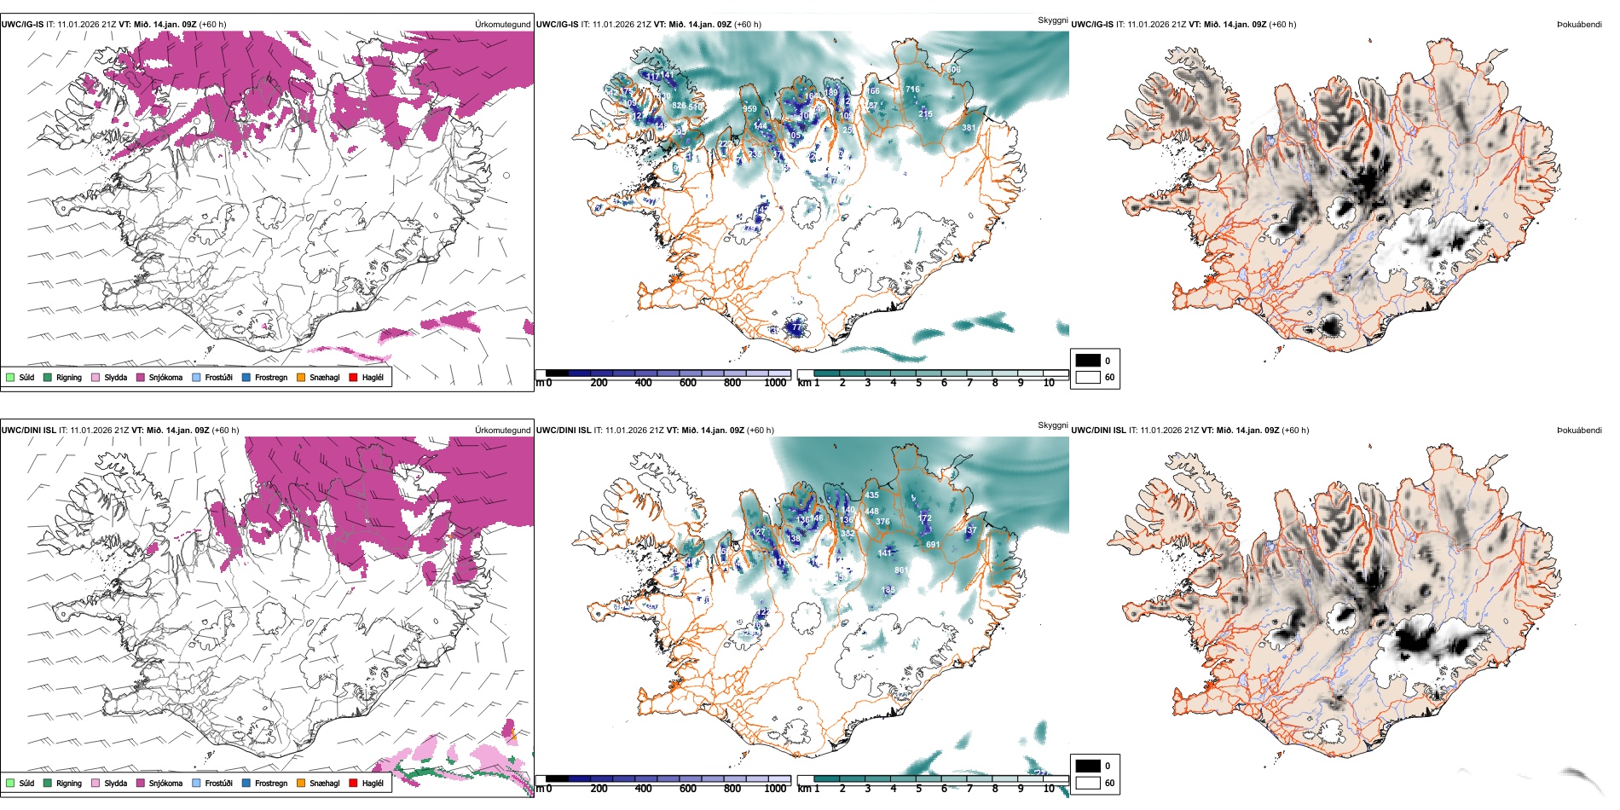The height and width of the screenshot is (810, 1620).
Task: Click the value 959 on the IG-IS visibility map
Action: pyautogui.click(x=749, y=108)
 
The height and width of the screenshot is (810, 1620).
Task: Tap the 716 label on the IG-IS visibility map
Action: pyautogui.click(x=912, y=89)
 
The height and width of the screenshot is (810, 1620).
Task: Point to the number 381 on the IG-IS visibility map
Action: pyautogui.click(x=969, y=128)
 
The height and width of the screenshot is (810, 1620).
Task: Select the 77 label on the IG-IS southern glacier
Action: pyautogui.click(x=796, y=327)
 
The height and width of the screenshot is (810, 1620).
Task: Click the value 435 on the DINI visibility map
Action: pyautogui.click(x=871, y=495)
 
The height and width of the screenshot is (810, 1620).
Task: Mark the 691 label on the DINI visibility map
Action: pyautogui.click(x=933, y=544)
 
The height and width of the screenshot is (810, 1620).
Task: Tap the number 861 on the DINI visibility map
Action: pyautogui.click(x=901, y=570)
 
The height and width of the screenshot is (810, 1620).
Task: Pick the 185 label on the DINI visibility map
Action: pyautogui.click(x=888, y=589)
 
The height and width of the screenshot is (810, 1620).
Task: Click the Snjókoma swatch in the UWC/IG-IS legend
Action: pyautogui.click(x=141, y=377)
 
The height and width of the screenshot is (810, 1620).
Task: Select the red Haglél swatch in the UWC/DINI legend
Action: pyautogui.click(x=354, y=783)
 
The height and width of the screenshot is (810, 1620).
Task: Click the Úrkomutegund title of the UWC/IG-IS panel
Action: pyautogui.click(x=502, y=25)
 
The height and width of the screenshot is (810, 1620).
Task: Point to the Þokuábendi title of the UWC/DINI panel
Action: pyautogui.click(x=1578, y=431)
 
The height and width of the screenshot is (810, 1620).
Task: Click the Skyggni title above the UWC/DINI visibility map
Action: pyautogui.click(x=1052, y=425)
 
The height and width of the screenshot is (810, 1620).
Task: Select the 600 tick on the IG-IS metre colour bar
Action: pyautogui.click(x=688, y=383)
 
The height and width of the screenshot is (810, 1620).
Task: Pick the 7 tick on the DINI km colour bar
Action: pyautogui.click(x=969, y=789)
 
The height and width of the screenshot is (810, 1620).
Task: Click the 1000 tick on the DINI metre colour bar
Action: pyautogui.click(x=775, y=789)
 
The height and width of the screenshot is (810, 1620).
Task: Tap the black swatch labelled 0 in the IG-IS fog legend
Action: pyautogui.click(x=1088, y=361)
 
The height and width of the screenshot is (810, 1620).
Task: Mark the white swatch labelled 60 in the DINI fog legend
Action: pyautogui.click(x=1088, y=782)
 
